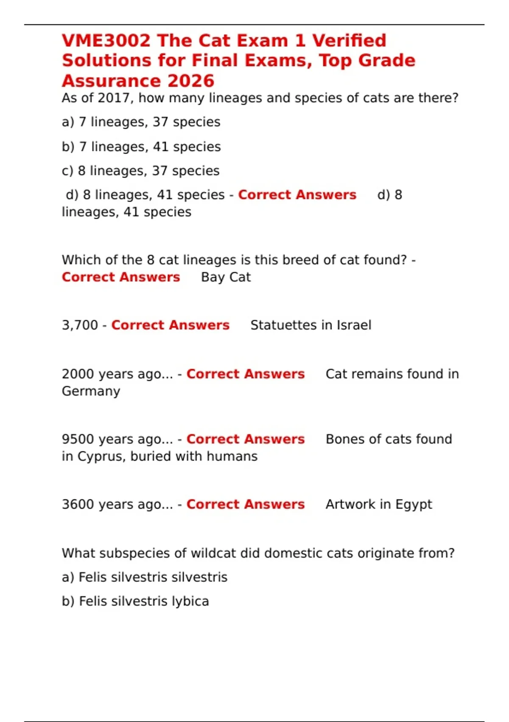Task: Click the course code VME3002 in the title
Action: pos(106,41)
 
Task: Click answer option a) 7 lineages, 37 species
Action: pos(141,122)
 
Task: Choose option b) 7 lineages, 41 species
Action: pos(141,147)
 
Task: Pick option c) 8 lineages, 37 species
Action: pos(140,171)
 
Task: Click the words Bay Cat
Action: pos(226,277)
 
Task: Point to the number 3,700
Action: pos(80,325)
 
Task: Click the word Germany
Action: pos(91,392)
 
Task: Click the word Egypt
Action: pos(414,505)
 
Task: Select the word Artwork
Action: pos(350,505)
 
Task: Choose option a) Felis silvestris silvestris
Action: pos(145,578)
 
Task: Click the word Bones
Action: pos(345,439)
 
